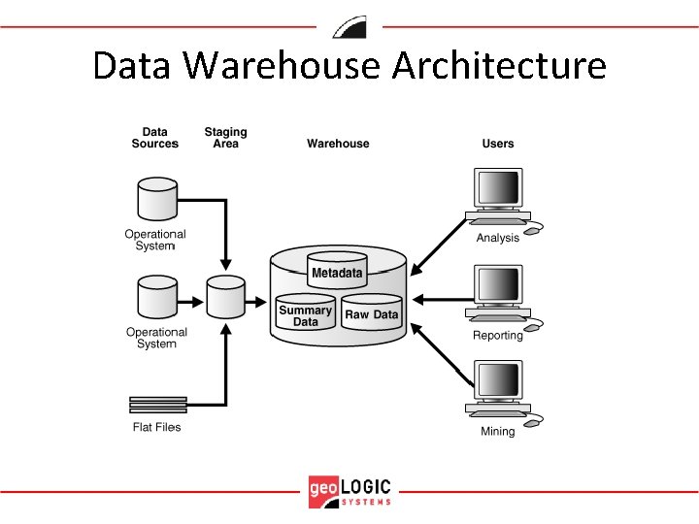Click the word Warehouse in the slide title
283,66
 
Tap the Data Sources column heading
154,138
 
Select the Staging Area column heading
225,138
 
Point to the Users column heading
498,144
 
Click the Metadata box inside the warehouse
337,272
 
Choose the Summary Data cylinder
305,313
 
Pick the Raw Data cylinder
372,313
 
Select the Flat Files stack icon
157,405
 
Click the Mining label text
498,431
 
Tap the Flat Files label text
157,427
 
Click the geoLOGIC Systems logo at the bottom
349,491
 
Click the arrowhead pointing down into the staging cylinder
225,266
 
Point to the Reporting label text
497,336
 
